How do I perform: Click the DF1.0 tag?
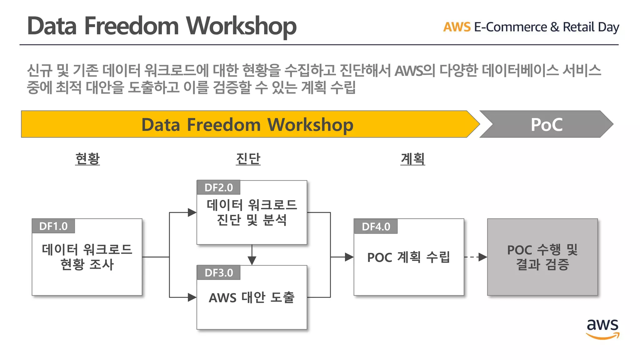pyautogui.click(x=53, y=226)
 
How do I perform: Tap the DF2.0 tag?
pyautogui.click(x=218, y=187)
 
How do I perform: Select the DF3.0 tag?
pyautogui.click(x=218, y=273)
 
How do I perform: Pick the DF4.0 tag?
pyautogui.click(x=376, y=227)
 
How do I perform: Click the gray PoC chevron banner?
pyautogui.click(x=546, y=124)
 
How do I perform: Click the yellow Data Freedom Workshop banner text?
pyautogui.click(x=247, y=125)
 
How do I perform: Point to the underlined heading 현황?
pyautogui.click(x=87, y=159)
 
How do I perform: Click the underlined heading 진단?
pyautogui.click(x=248, y=159)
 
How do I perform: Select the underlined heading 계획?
pyautogui.click(x=413, y=159)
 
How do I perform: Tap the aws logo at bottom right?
pyautogui.click(x=602, y=328)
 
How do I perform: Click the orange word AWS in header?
pyautogui.click(x=457, y=27)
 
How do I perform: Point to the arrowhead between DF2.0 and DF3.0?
pyautogui.click(x=252, y=260)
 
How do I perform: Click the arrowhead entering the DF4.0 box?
pyautogui.click(x=349, y=257)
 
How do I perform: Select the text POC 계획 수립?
pyautogui.click(x=408, y=257)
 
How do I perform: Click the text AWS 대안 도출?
pyautogui.click(x=252, y=297)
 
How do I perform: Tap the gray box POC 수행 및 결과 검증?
pyautogui.click(x=542, y=257)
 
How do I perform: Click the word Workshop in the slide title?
pyautogui.click(x=241, y=26)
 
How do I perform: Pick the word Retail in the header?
pyautogui.click(x=578, y=27)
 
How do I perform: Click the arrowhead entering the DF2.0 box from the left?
pyautogui.click(x=192, y=212)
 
